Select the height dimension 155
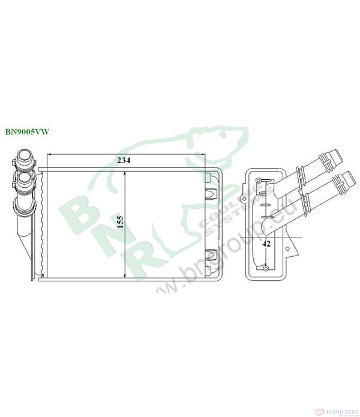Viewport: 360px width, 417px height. (119, 223)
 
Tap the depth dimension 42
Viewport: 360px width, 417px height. (267, 244)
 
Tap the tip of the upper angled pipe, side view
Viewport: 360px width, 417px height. (337, 158)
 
